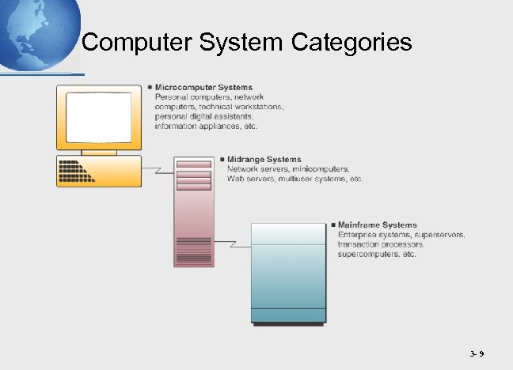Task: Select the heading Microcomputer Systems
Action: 204,87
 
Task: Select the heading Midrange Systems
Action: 264,160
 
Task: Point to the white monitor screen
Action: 98,115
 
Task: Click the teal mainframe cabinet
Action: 288,273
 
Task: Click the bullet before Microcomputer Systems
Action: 150,87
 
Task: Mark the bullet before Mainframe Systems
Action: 332,225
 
